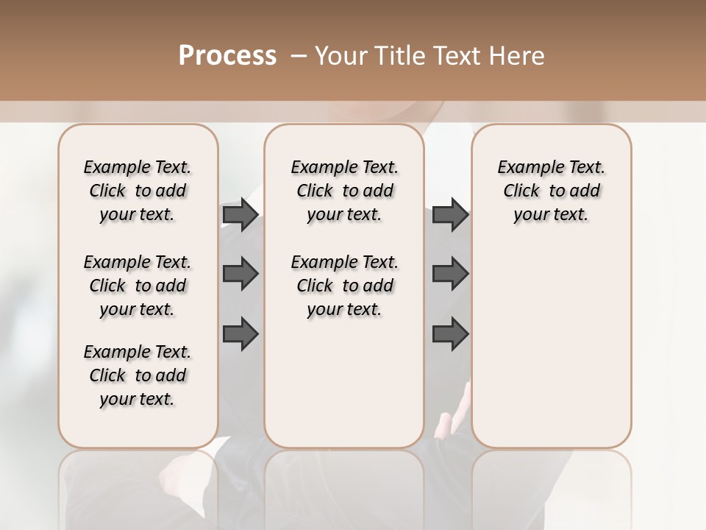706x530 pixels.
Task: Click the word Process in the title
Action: point(227,56)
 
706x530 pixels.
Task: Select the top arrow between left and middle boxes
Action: point(240,214)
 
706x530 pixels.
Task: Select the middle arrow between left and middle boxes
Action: point(240,274)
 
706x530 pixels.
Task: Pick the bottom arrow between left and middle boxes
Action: point(240,334)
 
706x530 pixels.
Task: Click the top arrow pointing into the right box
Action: point(450,214)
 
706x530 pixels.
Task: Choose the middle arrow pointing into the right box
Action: point(450,274)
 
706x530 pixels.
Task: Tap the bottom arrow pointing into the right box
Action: point(450,334)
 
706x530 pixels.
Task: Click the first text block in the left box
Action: point(138,191)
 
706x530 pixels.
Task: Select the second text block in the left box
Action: point(138,286)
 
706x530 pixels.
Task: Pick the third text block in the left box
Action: point(138,375)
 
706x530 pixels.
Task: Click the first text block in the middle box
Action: point(344,191)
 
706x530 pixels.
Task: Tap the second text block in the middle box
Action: point(344,286)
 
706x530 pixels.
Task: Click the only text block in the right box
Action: point(551,191)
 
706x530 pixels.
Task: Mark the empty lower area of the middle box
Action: point(344,383)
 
